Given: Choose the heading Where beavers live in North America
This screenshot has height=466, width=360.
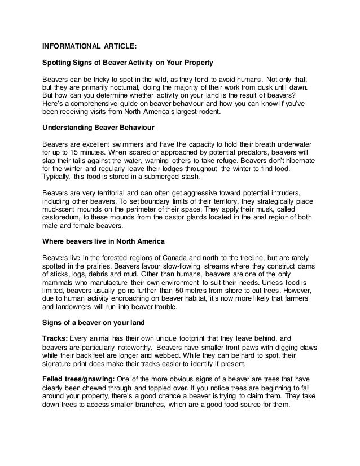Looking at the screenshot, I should coord(104,240).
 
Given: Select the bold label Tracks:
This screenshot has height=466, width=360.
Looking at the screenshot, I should coord(55,339).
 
